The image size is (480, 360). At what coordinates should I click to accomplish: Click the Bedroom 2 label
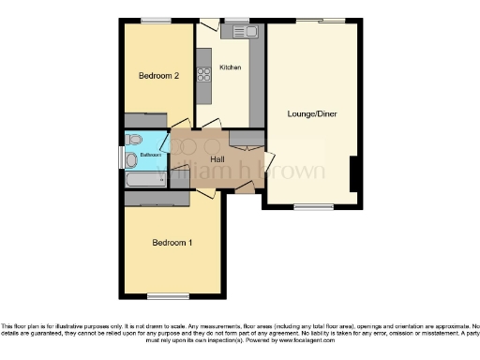(x=158, y=76)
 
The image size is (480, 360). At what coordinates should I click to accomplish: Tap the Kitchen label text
(x=231, y=67)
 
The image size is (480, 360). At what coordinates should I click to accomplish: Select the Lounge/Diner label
(x=312, y=114)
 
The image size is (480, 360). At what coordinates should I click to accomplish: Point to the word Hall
(x=217, y=160)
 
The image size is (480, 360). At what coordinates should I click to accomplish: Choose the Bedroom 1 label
(x=172, y=243)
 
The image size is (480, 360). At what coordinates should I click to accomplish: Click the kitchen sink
(x=247, y=32)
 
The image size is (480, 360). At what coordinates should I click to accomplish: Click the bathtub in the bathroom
(x=146, y=176)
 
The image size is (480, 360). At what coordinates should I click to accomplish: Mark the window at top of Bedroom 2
(x=156, y=20)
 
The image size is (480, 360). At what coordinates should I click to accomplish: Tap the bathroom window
(x=122, y=157)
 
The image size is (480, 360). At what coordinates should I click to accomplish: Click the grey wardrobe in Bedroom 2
(x=146, y=118)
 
